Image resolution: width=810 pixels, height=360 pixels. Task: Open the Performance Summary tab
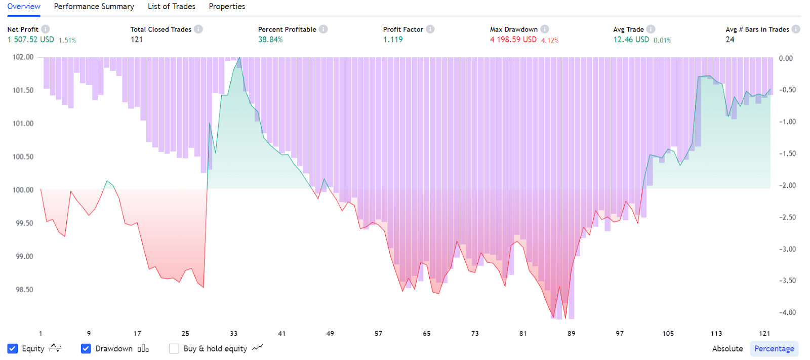point(94,7)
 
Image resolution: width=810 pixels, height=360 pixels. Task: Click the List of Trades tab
point(171,7)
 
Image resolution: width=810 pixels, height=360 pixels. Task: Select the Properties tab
point(227,7)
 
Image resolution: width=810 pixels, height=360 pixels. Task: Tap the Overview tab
point(24,7)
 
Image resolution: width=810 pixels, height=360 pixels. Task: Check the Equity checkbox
point(13,348)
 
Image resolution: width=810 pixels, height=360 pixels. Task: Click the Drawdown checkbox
point(86,348)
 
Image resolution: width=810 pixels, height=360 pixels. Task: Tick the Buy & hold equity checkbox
point(174,348)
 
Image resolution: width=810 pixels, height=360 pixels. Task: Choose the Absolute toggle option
point(727,348)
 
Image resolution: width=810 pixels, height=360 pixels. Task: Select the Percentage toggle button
point(774,348)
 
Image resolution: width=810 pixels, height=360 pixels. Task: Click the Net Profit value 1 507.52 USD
point(30,39)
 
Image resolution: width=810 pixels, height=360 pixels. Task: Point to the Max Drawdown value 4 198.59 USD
point(513,39)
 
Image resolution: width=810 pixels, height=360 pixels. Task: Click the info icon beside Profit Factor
point(430,29)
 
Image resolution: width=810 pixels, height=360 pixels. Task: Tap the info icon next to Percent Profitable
point(323,29)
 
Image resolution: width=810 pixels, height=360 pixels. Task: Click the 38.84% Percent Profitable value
point(270,39)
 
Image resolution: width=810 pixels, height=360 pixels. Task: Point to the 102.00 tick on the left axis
point(23,57)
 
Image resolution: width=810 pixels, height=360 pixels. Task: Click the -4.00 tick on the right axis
point(787,312)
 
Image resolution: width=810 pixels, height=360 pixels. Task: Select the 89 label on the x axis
point(571,333)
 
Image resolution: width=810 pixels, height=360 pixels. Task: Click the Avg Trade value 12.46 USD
point(631,39)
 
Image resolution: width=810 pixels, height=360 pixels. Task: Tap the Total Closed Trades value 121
point(137,39)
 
